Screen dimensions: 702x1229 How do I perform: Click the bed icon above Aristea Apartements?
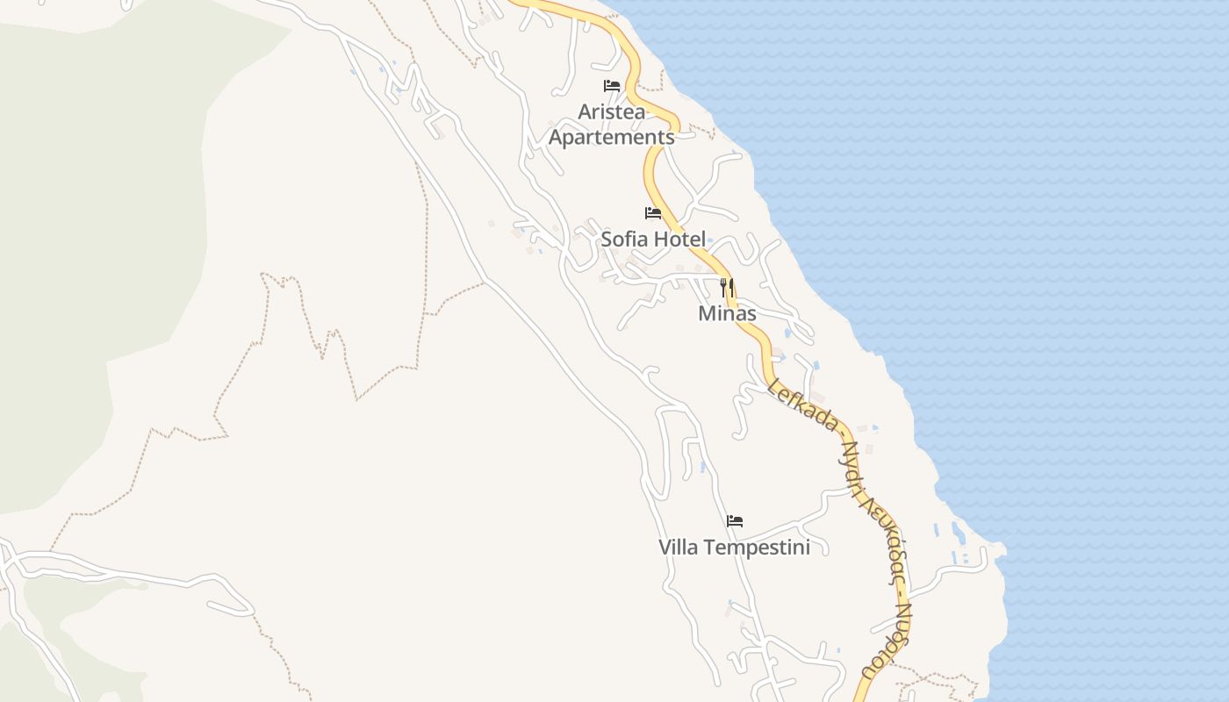(x=612, y=86)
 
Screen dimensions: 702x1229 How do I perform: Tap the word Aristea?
(x=612, y=112)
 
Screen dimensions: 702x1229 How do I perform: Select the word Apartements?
(x=612, y=138)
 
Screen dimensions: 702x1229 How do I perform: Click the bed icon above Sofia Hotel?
(x=653, y=213)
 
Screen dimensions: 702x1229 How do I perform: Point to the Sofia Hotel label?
(x=653, y=239)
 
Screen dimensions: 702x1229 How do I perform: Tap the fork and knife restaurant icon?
(x=727, y=286)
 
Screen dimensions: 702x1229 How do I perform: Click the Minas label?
(x=727, y=313)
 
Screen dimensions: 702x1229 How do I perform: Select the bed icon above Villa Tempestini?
(x=735, y=521)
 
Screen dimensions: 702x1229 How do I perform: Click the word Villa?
(x=679, y=548)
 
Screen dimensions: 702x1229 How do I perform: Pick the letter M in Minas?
(x=706, y=313)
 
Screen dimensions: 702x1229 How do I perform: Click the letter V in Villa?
(x=665, y=548)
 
